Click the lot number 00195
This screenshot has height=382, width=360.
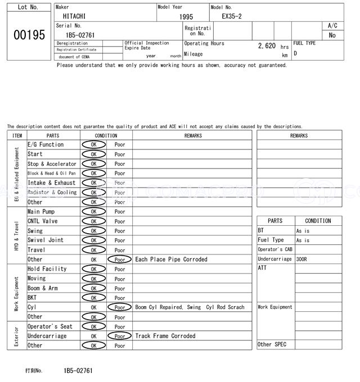(x=29, y=35)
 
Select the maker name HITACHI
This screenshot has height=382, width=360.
(x=74, y=17)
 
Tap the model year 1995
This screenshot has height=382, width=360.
(x=186, y=17)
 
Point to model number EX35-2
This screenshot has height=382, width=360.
(x=232, y=16)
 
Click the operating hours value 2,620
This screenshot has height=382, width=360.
(x=267, y=46)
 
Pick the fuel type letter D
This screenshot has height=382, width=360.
(x=295, y=53)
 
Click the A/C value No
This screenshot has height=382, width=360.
(x=332, y=35)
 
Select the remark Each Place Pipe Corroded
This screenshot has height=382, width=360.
(x=171, y=260)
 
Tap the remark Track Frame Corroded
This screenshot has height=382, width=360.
(x=165, y=336)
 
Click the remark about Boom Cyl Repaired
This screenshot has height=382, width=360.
(x=190, y=307)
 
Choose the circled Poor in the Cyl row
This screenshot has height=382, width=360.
(x=120, y=307)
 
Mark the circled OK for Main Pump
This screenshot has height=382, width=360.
(x=93, y=212)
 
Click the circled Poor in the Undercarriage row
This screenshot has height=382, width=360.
(x=120, y=336)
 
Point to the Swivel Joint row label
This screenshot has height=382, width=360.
(x=46, y=240)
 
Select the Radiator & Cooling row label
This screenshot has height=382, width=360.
(x=52, y=193)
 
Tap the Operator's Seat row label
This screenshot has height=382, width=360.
(x=50, y=326)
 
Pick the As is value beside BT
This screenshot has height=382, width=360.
(x=303, y=231)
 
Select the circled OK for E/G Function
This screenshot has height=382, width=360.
(x=93, y=145)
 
